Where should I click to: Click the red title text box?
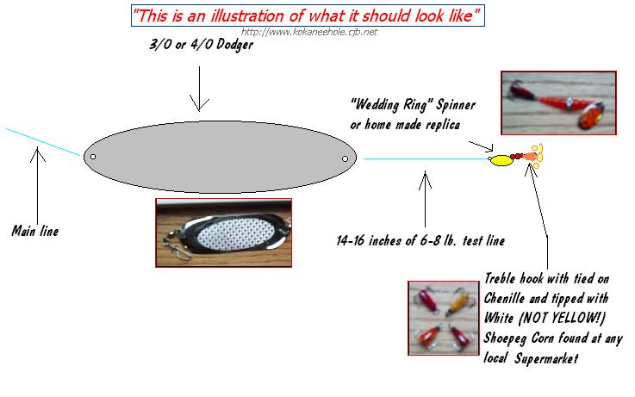(308, 16)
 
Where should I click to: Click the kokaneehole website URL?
(309, 32)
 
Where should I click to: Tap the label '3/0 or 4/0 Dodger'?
(202, 44)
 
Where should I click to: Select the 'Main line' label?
(35, 231)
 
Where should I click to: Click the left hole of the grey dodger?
(93, 157)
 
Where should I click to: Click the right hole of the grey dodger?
(345, 159)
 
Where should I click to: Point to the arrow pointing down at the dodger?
(199, 89)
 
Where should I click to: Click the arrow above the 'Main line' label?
(37, 185)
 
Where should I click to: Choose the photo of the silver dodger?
(223, 233)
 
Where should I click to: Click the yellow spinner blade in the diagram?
(501, 161)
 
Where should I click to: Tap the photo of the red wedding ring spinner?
(558, 102)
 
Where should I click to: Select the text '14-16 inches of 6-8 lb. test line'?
(420, 241)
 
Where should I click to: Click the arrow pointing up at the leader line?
(425, 199)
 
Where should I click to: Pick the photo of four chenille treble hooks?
(444, 318)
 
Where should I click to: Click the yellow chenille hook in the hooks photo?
(460, 302)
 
